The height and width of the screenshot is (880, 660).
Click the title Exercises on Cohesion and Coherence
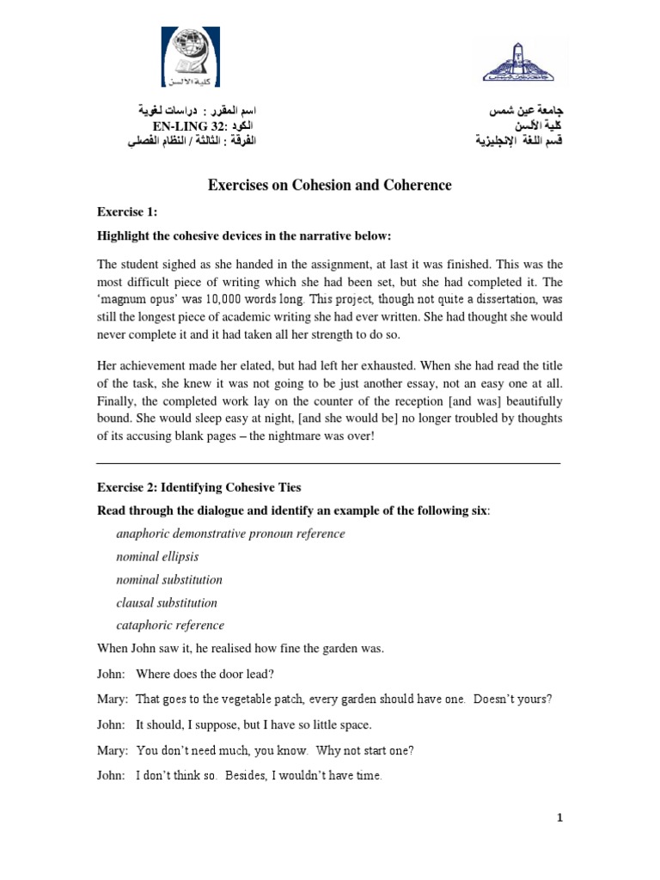click(329, 185)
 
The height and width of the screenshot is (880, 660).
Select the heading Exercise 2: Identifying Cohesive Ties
click(199, 488)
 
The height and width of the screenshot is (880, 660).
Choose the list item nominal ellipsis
click(157, 557)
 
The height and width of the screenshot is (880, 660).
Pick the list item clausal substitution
click(167, 602)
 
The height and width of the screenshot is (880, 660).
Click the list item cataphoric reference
click(170, 626)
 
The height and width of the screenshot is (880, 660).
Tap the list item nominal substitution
click(169, 580)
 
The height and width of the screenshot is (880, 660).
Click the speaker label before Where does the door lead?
click(109, 674)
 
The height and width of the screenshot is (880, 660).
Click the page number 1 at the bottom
click(559, 818)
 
